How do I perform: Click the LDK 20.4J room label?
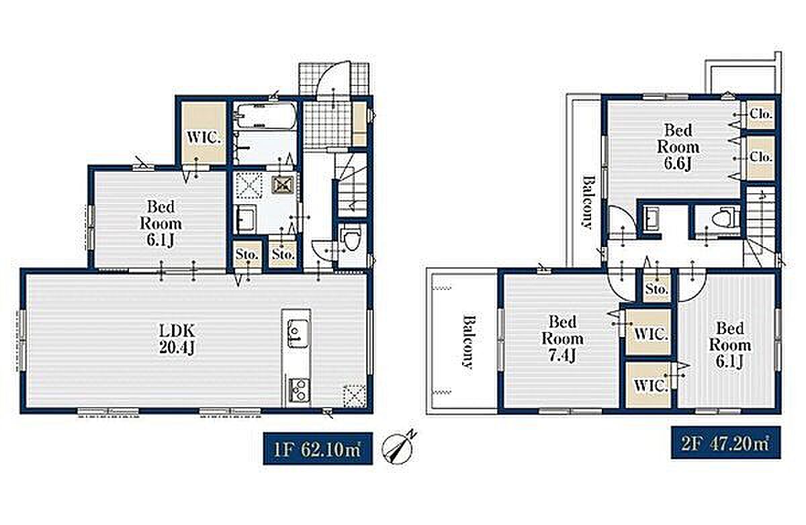coord(177,339)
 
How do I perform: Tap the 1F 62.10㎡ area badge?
coord(318,448)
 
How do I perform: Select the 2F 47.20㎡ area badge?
coord(726,442)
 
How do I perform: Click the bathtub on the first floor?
coord(267,115)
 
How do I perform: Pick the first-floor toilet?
coord(351,238)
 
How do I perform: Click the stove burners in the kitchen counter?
coord(298,391)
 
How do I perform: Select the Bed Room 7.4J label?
coord(562,339)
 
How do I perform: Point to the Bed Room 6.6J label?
coord(678,147)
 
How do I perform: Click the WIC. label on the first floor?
coord(203,138)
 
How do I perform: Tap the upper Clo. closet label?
coord(760,114)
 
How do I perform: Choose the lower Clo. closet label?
coord(760,157)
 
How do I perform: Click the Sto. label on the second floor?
coord(657,289)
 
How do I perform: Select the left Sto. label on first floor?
coord(247,254)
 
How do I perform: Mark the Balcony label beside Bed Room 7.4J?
coord(467,342)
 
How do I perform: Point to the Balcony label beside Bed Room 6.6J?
coord(587,202)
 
